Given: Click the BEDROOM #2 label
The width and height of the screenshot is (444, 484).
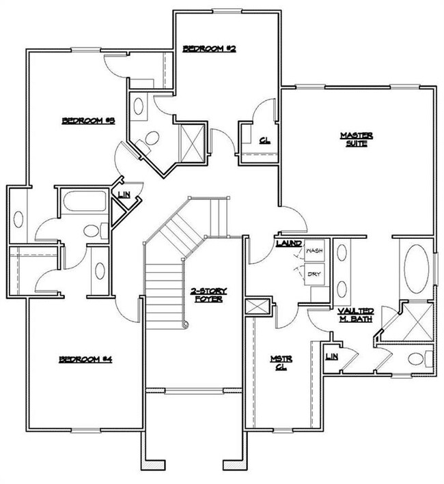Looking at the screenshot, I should tap(209, 48).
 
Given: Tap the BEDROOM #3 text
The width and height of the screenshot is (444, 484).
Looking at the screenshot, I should tap(87, 121).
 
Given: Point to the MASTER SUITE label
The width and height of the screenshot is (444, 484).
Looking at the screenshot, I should tap(355, 139).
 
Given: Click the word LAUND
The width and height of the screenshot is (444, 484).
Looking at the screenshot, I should tap(288, 243).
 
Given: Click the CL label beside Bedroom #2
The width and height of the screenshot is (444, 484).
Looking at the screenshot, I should tap(264, 142).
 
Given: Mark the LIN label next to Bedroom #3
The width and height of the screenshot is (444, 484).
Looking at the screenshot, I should tap(124, 195).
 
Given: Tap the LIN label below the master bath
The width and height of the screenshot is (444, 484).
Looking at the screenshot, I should tap(332, 357).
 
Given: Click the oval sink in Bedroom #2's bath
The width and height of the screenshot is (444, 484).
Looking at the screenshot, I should tap(138, 107).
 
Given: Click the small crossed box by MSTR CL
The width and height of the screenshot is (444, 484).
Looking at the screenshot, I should tap(258, 307).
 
